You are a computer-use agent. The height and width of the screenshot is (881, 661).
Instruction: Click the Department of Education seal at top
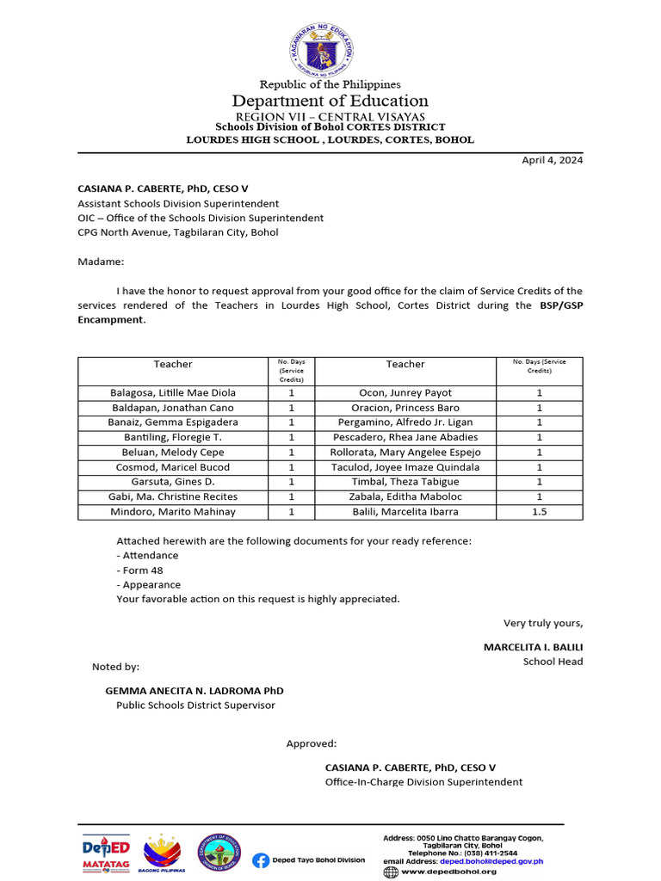pyautogui.click(x=322, y=46)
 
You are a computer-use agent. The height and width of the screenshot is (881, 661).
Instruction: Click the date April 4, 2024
pyautogui.click(x=553, y=160)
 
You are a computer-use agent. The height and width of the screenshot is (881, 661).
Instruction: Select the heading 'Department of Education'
pyautogui.click(x=330, y=101)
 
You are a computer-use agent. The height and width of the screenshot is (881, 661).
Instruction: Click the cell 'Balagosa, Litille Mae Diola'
pyautogui.click(x=173, y=392)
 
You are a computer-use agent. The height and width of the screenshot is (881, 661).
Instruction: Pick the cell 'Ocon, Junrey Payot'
pyautogui.click(x=405, y=392)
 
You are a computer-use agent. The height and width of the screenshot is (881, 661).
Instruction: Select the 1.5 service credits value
pyautogui.click(x=540, y=512)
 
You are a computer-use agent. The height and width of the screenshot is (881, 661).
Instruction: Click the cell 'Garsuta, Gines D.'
pyautogui.click(x=173, y=482)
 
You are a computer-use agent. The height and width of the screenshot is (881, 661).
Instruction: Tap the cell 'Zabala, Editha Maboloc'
pyautogui.click(x=405, y=496)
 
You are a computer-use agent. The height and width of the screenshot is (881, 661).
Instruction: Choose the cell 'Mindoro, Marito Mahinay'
pyautogui.click(x=173, y=512)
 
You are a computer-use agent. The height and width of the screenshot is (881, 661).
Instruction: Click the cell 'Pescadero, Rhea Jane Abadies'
pyautogui.click(x=405, y=437)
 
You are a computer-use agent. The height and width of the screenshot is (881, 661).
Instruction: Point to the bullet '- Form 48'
pyautogui.click(x=139, y=570)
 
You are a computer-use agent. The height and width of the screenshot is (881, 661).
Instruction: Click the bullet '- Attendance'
pyautogui.click(x=147, y=555)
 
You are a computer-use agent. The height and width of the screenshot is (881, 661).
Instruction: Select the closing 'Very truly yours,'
pyautogui.click(x=543, y=623)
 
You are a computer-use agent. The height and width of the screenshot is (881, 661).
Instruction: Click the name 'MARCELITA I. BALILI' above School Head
pyautogui.click(x=533, y=647)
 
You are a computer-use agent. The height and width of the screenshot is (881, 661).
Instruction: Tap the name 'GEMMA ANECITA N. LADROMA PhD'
pyautogui.click(x=194, y=690)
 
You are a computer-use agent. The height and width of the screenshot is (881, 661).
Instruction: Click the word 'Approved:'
pyautogui.click(x=312, y=743)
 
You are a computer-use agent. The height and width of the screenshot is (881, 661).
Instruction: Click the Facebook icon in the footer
pyautogui.click(x=260, y=859)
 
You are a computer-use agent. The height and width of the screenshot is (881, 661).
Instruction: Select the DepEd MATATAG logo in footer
pyautogui.click(x=106, y=853)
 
